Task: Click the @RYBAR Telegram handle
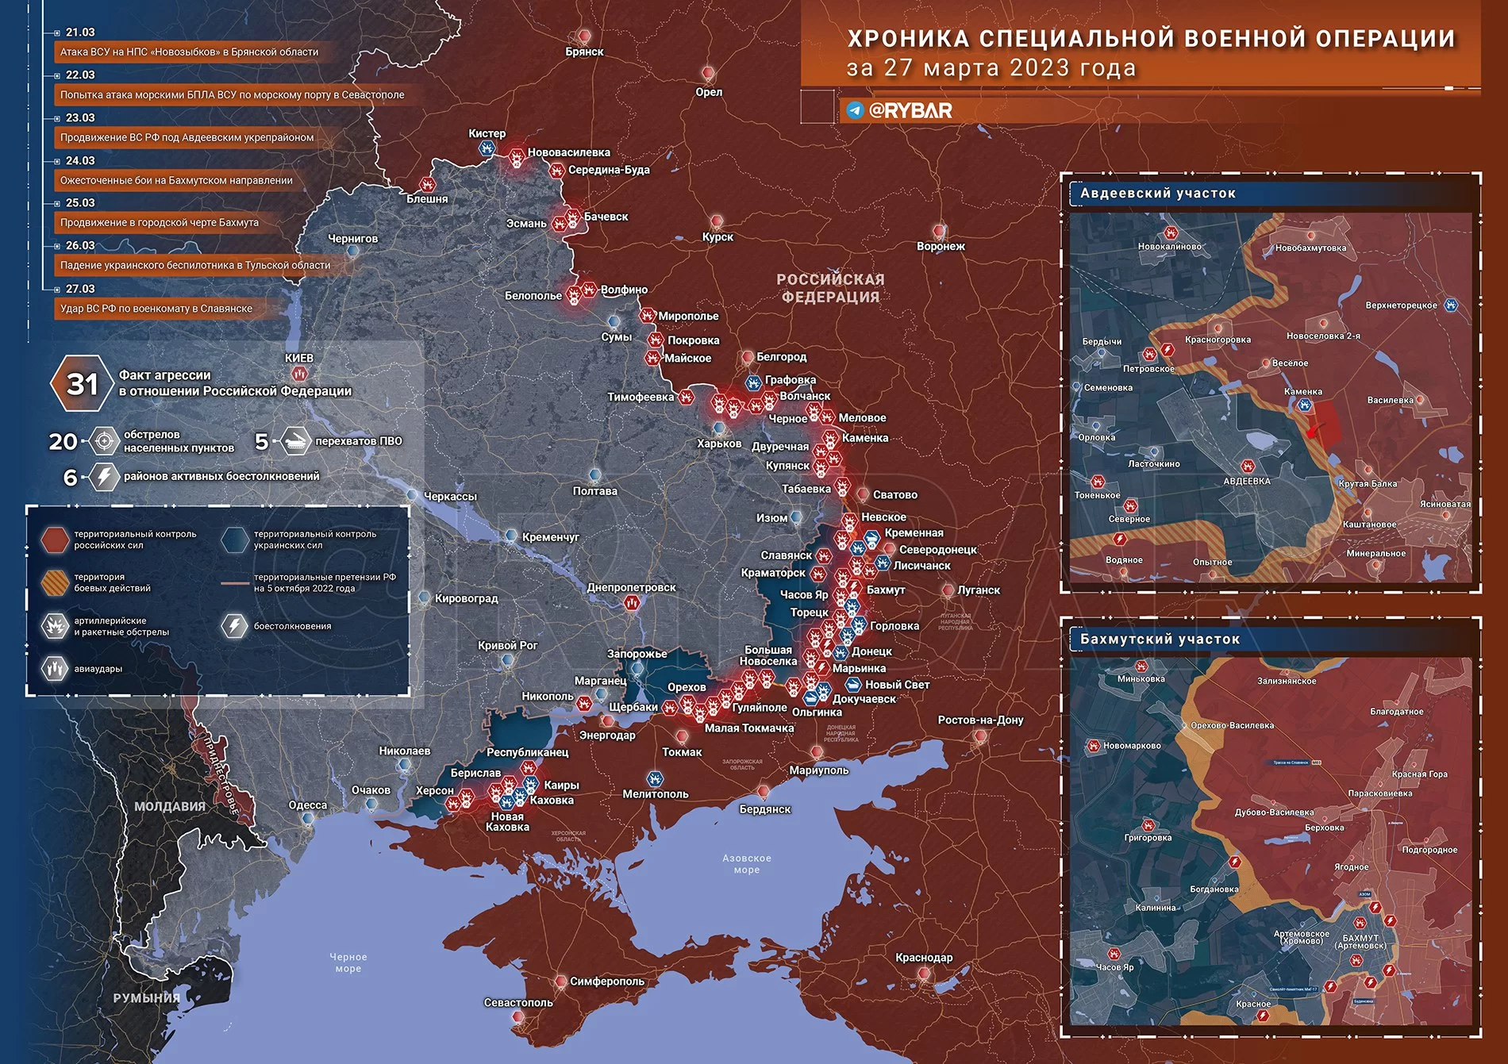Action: pos(910,110)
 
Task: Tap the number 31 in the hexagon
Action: pos(82,384)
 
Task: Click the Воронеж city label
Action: pos(941,246)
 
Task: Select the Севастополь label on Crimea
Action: pos(518,1002)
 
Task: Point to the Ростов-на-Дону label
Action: pos(980,720)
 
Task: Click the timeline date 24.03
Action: pos(80,160)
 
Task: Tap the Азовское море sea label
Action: pos(746,863)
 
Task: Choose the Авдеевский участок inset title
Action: pos(1157,193)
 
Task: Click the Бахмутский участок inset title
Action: pos(1159,639)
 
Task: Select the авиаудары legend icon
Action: pos(55,669)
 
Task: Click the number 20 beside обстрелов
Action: pos(63,441)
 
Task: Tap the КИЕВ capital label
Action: pos(299,358)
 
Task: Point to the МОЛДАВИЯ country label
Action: pos(169,806)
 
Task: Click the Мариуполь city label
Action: pos(818,770)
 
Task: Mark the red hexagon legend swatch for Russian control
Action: pos(55,540)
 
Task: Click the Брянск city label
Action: pos(584,52)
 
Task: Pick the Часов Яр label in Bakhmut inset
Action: pos(1114,966)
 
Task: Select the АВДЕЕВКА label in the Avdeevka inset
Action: pos(1246,481)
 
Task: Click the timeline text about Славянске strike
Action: pos(156,309)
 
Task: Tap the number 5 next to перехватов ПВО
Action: pos(261,441)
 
